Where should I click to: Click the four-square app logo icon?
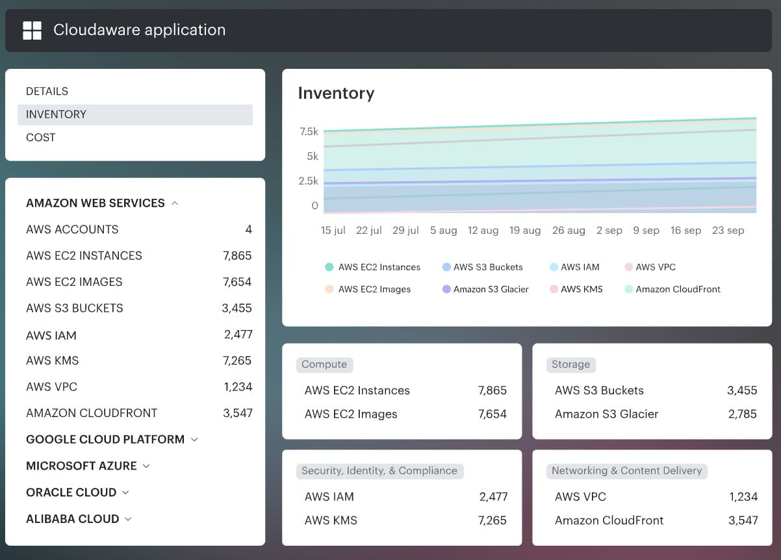click(x=32, y=30)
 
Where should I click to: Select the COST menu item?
click(x=40, y=137)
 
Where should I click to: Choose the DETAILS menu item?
click(x=47, y=91)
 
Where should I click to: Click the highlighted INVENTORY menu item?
click(x=56, y=114)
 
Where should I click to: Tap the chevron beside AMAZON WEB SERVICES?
click(x=175, y=203)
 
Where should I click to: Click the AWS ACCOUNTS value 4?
click(x=248, y=229)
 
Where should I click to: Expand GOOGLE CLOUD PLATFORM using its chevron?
click(x=194, y=440)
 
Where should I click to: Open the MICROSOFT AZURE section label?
click(x=81, y=466)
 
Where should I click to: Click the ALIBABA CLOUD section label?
click(x=72, y=518)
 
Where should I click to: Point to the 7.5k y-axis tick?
click(x=309, y=131)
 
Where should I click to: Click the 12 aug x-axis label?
click(x=483, y=231)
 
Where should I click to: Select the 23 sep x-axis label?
click(x=728, y=231)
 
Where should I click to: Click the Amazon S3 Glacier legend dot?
click(x=446, y=289)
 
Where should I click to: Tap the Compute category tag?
click(x=324, y=364)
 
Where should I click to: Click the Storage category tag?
click(x=570, y=364)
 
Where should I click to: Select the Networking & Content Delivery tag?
click(x=626, y=470)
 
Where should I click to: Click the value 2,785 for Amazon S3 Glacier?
click(x=742, y=414)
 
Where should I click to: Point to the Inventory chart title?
click(x=336, y=93)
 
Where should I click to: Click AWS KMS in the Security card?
click(x=331, y=520)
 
